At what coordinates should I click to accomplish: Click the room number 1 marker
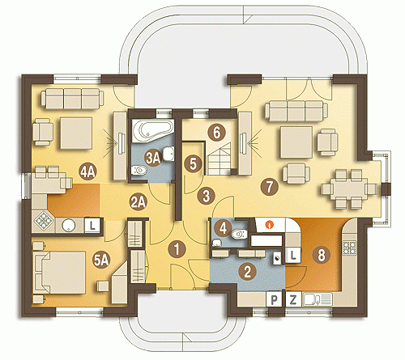177,249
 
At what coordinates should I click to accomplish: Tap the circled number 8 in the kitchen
322,254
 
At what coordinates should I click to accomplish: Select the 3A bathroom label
153,159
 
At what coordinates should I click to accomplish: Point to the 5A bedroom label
101,260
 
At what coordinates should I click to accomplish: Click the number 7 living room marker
270,187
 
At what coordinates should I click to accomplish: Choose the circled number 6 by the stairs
216,133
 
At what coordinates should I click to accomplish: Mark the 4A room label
88,172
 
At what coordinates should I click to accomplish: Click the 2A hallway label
139,202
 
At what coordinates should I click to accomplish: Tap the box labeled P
275,299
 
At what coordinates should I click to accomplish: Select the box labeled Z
292,299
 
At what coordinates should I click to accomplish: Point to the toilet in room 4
239,234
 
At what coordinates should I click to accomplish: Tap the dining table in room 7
349,188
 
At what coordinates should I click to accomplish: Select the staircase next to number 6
220,159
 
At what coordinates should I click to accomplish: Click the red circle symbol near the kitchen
269,224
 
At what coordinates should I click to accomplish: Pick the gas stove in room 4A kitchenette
43,222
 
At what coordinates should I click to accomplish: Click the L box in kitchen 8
293,255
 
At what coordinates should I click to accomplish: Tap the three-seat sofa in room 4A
72,99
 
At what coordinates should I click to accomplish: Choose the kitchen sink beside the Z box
318,299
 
